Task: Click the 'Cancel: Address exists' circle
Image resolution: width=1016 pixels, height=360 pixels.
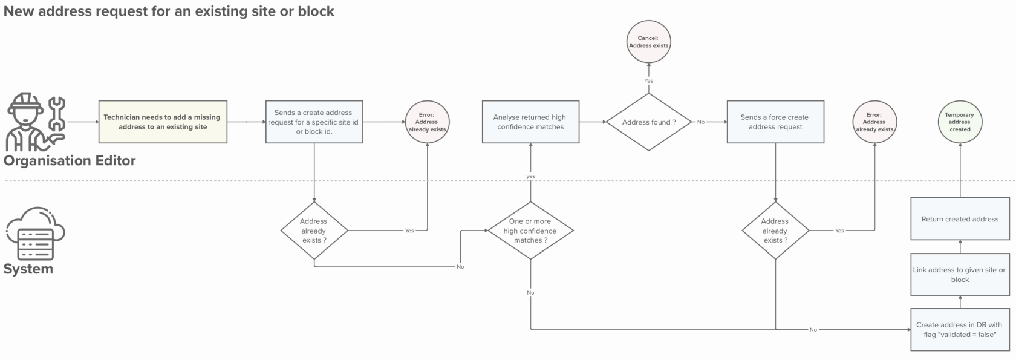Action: click(648, 42)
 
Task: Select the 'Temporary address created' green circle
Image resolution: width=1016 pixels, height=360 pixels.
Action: click(960, 122)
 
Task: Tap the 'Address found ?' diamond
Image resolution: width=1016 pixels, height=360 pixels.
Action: click(648, 122)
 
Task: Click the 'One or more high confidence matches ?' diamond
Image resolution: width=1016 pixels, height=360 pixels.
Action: click(530, 231)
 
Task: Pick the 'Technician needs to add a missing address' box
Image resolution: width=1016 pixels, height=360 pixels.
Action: click(163, 122)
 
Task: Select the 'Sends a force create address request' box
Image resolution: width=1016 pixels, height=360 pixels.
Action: click(775, 122)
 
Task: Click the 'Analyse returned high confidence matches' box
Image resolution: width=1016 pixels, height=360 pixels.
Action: click(530, 122)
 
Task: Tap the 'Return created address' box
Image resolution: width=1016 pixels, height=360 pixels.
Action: click(960, 219)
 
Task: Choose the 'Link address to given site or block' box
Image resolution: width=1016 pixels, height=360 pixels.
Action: click(960, 275)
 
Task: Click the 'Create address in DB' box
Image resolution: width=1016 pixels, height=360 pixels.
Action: click(960, 329)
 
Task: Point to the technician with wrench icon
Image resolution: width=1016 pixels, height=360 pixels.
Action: click(35, 123)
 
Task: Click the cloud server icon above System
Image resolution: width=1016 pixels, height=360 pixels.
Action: click(35, 234)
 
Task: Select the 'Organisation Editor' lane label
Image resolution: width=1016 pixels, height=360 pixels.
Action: click(70, 161)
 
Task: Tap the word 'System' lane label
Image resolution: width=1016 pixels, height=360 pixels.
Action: click(28, 269)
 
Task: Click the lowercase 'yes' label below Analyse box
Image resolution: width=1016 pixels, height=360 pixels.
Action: click(530, 176)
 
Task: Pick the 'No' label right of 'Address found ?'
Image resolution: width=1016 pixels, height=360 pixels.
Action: click(701, 122)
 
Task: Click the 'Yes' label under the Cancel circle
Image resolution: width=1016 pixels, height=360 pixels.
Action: click(648, 80)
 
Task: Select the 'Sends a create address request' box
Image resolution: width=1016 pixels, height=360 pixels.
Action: click(314, 122)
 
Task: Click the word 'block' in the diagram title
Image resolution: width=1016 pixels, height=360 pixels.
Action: click(316, 11)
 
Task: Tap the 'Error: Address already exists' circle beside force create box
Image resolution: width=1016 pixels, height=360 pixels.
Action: click(874, 122)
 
